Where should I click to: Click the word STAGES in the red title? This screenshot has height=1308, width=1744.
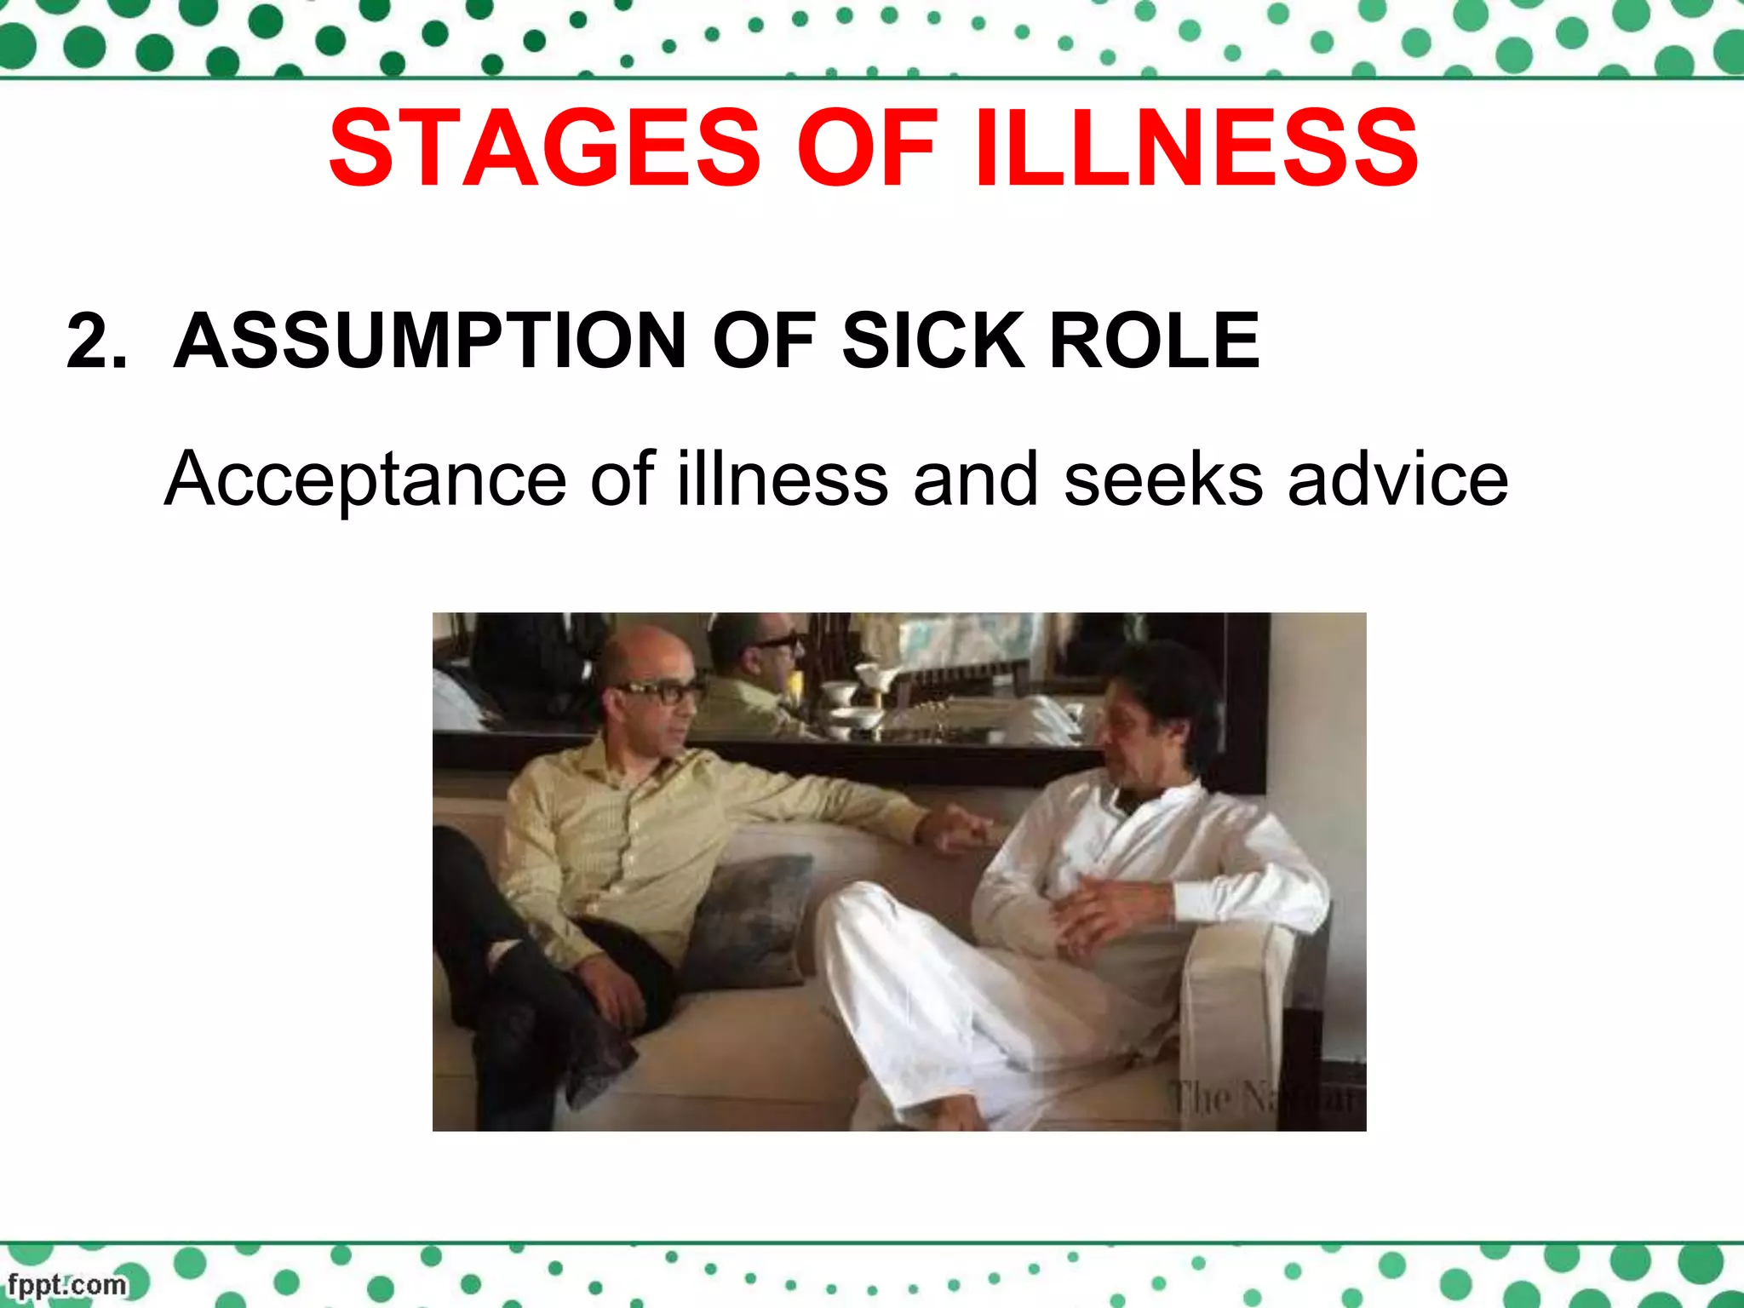pyautogui.click(x=545, y=148)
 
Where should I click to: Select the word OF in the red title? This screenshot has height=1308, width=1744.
pyautogui.click(x=867, y=148)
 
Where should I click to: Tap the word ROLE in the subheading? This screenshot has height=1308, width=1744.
pyautogui.click(x=1154, y=341)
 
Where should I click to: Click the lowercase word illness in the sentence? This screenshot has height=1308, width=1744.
pyautogui.click(x=783, y=479)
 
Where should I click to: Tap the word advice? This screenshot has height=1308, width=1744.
pyautogui.click(x=1397, y=479)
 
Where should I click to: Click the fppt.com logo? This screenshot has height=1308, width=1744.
pyautogui.click(x=66, y=1284)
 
